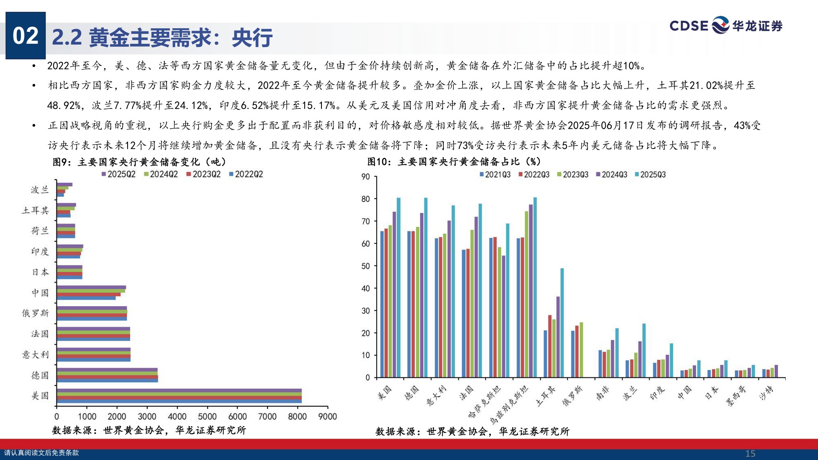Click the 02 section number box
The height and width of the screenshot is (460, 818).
(x=25, y=36)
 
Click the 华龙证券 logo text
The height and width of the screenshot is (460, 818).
(x=757, y=26)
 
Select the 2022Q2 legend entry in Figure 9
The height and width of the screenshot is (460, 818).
(x=246, y=174)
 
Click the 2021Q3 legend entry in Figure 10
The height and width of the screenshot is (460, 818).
(x=495, y=175)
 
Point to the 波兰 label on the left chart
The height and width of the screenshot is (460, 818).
(x=40, y=190)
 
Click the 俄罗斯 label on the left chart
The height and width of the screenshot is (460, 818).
(x=36, y=313)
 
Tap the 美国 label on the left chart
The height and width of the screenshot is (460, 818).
(x=40, y=396)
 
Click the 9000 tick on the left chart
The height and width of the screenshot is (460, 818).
(x=328, y=417)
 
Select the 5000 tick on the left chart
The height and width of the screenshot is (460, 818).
(x=207, y=417)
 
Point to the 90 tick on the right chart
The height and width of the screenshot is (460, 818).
(x=366, y=177)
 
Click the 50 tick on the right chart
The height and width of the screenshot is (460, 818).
(x=366, y=266)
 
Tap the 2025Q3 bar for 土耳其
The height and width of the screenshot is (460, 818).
(x=562, y=323)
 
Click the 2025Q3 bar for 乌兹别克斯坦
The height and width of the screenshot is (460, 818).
(x=535, y=287)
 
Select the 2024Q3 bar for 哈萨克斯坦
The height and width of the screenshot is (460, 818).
(x=503, y=316)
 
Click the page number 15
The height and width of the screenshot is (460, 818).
(x=750, y=453)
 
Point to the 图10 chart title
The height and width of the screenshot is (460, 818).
(x=454, y=162)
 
